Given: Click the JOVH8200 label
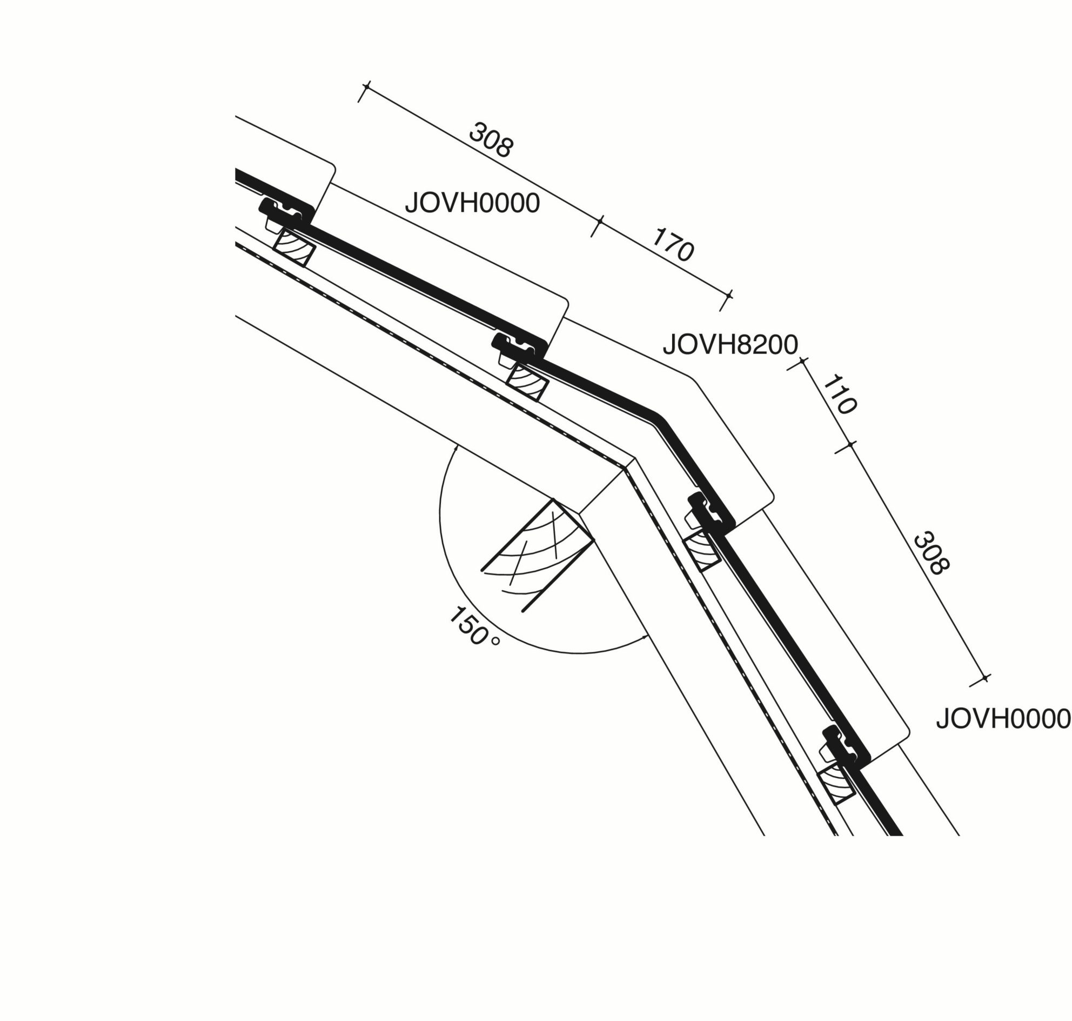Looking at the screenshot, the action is click(x=730, y=344).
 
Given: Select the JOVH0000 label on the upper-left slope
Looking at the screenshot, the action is click(x=472, y=204).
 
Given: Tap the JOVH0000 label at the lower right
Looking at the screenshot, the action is click(x=1003, y=719).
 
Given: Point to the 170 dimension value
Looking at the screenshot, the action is click(x=673, y=245).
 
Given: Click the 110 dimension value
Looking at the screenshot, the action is click(x=840, y=395).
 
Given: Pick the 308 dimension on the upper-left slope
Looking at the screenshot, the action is click(x=490, y=140).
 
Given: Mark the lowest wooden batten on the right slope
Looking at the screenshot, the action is click(x=836, y=784).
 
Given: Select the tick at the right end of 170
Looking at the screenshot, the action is click(x=728, y=296).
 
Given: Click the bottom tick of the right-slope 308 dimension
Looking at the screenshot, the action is click(x=984, y=678).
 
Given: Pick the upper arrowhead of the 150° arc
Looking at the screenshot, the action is click(x=455, y=448).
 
